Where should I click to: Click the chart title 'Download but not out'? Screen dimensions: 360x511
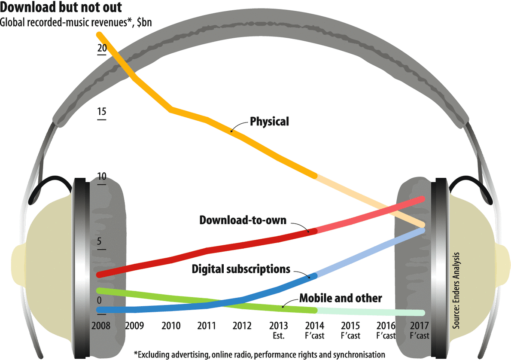pos(61,7)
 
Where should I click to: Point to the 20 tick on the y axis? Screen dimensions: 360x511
pos(102,49)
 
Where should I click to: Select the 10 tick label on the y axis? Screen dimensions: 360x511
pos(102,177)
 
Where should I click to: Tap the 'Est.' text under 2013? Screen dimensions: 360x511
pos(280,335)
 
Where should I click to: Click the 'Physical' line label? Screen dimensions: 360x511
pos(270,122)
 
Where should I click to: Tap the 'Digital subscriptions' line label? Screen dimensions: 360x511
pos(241,269)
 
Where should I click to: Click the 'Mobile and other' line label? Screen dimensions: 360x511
pos(341,298)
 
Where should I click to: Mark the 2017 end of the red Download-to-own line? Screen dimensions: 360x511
pos(423,199)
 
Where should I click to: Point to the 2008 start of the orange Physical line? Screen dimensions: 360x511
pos(100,34)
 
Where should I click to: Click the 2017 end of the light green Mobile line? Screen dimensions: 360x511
pos(423,313)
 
